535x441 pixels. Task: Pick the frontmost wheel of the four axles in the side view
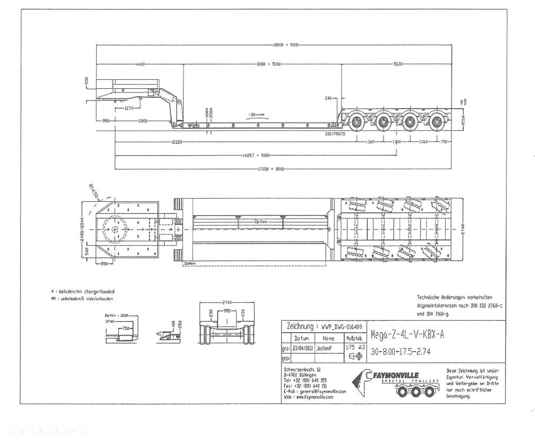[x=356, y=121]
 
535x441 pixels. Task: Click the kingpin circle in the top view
[x=116, y=229]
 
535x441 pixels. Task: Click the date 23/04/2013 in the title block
[x=297, y=347]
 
